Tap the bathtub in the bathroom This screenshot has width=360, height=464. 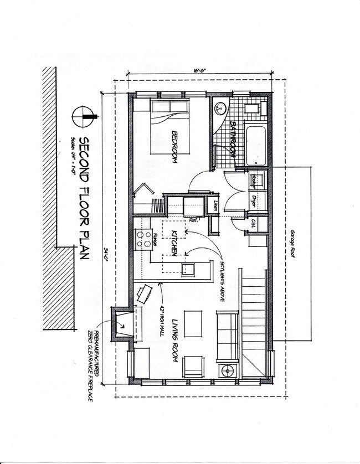[x=256, y=146]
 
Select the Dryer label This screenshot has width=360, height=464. [x=255, y=200]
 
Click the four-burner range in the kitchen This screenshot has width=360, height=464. [x=145, y=239]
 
